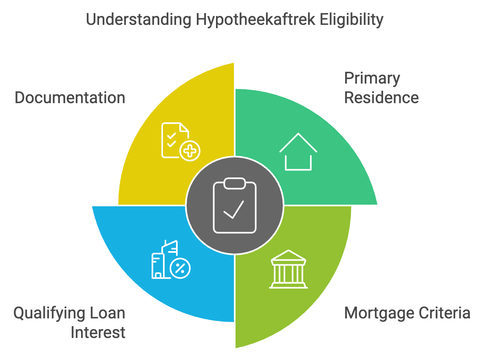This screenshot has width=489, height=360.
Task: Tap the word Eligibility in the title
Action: (351, 20)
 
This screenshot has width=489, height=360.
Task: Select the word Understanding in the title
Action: (139, 20)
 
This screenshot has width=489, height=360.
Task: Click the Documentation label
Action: (70, 98)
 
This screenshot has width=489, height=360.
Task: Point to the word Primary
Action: (372, 79)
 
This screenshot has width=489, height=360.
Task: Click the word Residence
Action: (381, 98)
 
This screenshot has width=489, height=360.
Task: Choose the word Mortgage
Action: (379, 314)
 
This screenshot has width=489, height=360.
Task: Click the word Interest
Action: (98, 333)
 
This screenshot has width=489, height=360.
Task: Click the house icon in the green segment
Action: (298, 152)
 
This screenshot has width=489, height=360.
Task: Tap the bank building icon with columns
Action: (289, 269)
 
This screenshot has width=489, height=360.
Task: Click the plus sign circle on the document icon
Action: (190, 151)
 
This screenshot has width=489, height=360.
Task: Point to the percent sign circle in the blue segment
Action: (180, 268)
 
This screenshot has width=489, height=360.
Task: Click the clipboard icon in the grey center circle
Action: (235, 205)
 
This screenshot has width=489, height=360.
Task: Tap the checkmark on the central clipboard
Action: (233, 210)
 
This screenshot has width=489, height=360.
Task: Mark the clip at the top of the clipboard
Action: (235, 183)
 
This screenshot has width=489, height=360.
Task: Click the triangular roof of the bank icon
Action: (289, 255)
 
